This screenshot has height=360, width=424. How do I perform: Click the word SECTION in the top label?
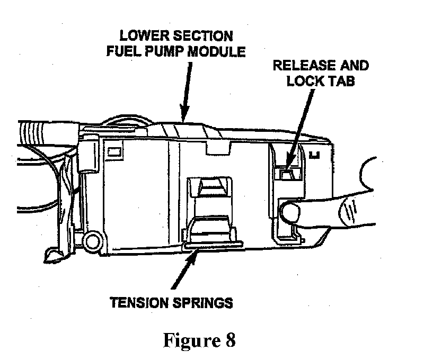point(202,36)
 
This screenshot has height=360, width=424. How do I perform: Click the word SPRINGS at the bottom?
point(202,303)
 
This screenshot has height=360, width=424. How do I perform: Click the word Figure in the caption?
point(192,340)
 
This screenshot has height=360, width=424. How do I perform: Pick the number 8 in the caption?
point(231,340)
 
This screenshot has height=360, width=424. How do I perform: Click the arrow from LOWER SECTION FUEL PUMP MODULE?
point(187,92)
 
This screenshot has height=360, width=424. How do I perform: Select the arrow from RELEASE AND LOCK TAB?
point(299,130)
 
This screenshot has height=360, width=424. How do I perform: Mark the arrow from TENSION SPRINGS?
point(184,269)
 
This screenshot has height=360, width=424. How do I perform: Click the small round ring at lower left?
point(93,240)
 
